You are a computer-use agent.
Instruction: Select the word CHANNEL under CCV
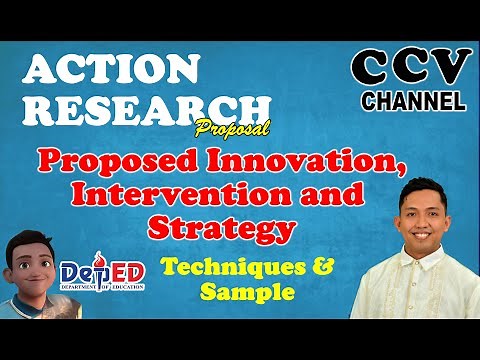click(412, 100)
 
